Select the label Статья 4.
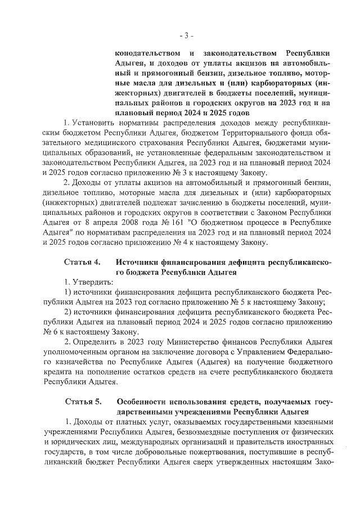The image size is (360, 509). (x=83, y=262)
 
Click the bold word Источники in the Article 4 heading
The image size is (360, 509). (x=140, y=262)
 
